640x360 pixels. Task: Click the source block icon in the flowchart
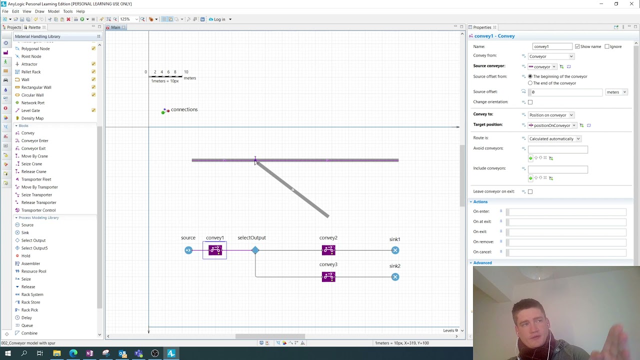[x=188, y=250]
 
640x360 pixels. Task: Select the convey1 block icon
[x=215, y=250]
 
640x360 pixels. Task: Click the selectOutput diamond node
[x=255, y=250]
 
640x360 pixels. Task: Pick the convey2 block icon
[x=328, y=250]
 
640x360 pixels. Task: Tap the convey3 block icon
[x=328, y=276]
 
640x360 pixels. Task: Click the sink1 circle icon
[x=395, y=250]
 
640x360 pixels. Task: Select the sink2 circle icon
[x=395, y=277]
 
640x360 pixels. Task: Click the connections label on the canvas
[x=184, y=109]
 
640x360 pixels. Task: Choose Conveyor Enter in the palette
[x=34, y=140]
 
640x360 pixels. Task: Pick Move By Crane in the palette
[x=34, y=156]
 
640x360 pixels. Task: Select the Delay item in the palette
[x=26, y=317]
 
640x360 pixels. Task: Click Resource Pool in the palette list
[x=33, y=271]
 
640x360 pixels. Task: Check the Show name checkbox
[x=577, y=46]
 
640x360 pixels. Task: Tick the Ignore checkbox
[x=607, y=46]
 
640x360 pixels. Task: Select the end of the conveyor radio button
[x=530, y=83]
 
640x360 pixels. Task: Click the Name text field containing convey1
[x=552, y=46]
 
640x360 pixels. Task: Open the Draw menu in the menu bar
[x=39, y=11]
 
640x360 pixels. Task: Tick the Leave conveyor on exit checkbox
[x=530, y=191]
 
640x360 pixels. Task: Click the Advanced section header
[x=482, y=262]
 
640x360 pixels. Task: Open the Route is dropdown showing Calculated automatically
[x=554, y=138]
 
